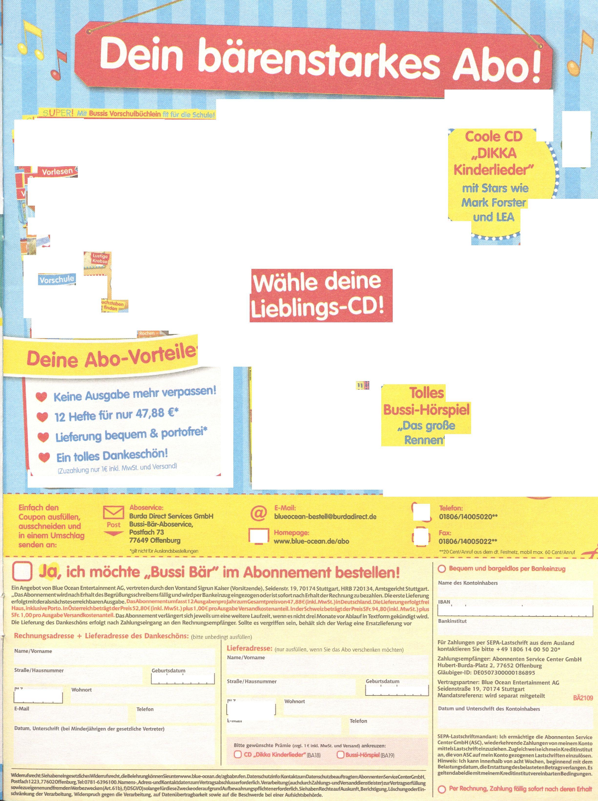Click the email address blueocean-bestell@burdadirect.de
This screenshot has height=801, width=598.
(325, 517)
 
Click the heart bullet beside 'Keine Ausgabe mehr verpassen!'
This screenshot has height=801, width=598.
(42, 397)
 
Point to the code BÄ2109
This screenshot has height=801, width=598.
(583, 698)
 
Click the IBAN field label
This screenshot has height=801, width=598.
(444, 602)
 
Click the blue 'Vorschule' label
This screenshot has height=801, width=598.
(57, 280)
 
